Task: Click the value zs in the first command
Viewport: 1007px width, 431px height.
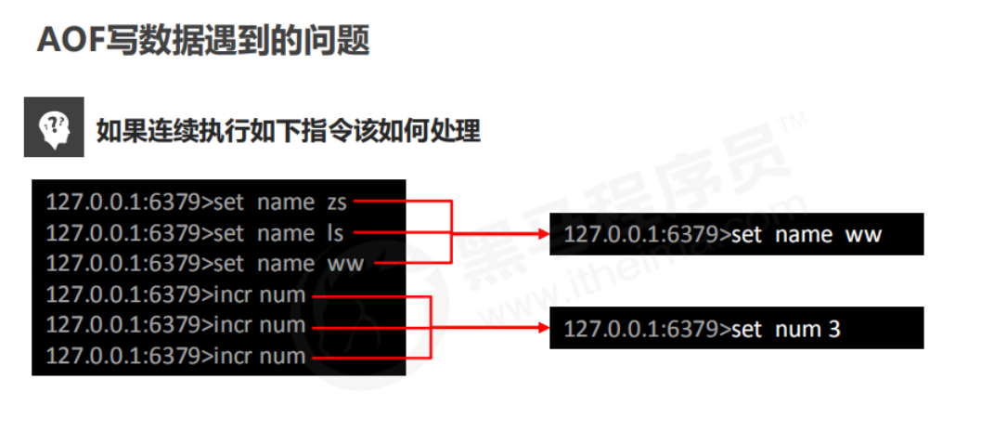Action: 335,202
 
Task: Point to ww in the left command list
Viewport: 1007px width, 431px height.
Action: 345,264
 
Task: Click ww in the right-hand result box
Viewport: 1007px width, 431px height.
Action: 862,235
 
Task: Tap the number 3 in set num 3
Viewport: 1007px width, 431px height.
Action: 833,328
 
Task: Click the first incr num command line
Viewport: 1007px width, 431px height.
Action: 175,295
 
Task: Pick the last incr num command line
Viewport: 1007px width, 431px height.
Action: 175,357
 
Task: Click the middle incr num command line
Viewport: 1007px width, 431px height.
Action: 175,326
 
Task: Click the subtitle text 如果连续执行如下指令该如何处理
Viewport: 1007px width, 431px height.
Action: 288,131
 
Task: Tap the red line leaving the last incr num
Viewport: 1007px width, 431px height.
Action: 371,357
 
